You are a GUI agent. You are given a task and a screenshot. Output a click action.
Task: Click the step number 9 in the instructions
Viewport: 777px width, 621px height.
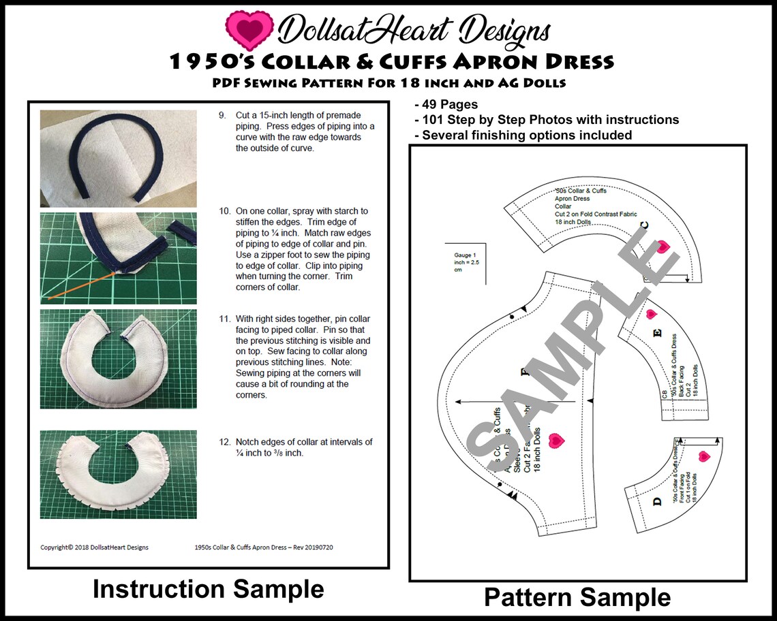(222, 116)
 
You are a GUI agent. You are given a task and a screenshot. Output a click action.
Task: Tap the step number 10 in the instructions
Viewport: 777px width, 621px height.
(224, 211)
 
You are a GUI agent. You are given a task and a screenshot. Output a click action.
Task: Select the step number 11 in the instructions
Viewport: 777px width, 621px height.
(224, 319)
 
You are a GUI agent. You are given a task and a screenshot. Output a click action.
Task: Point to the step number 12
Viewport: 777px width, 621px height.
(224, 442)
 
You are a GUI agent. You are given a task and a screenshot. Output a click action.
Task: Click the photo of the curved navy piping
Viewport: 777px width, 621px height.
(118, 158)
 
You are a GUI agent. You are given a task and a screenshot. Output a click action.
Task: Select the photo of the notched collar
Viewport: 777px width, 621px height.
(118, 474)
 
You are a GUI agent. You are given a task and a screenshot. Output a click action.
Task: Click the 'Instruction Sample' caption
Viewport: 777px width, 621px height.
(208, 589)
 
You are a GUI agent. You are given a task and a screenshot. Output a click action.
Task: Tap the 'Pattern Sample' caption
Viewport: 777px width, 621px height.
(577, 597)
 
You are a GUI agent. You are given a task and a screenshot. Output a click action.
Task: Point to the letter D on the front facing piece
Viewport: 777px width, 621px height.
(657, 502)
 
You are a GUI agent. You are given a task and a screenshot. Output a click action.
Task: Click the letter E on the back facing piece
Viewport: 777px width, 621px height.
(657, 334)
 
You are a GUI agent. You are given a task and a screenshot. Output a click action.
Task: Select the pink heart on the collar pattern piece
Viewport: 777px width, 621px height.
(662, 246)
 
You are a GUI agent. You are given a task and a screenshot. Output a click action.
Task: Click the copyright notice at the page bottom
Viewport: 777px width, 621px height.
(94, 547)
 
